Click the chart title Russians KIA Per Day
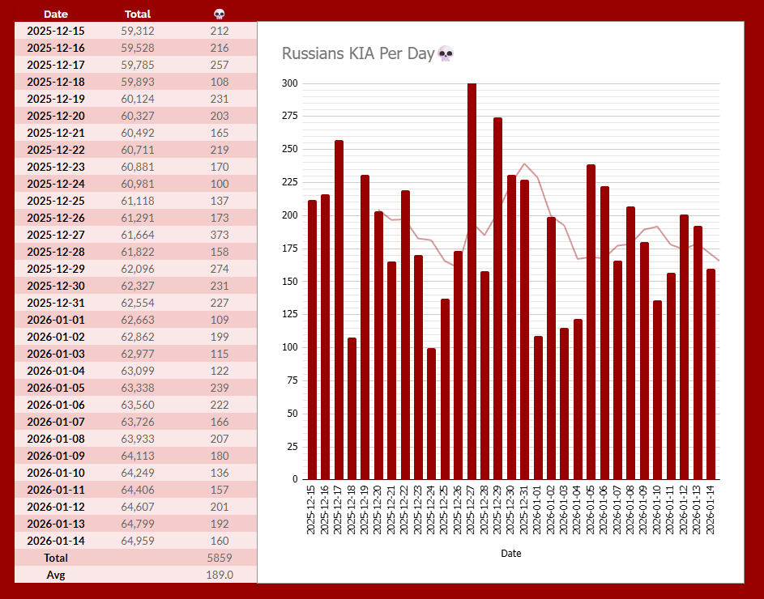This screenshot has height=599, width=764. pos(358,54)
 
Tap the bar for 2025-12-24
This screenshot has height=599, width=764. pos(432,414)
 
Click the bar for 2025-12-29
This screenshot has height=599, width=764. pos(498,299)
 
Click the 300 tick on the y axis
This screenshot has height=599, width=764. pos(289,83)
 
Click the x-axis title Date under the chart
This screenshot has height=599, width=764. pos(511,554)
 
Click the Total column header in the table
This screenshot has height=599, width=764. pos(138,14)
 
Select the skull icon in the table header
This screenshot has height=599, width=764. pos(219,14)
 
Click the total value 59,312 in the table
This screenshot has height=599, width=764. pos(138,31)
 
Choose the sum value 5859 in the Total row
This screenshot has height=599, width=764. pos(219,558)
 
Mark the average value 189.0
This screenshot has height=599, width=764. pos(219,575)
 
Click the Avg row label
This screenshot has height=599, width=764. pos(56,575)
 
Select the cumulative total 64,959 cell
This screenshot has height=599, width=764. pos(138,541)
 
